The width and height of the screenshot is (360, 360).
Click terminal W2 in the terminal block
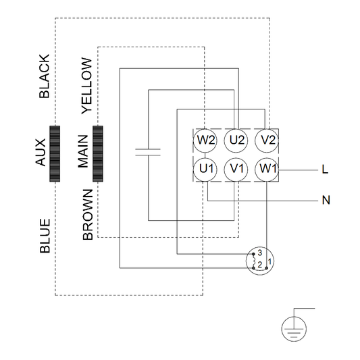206,141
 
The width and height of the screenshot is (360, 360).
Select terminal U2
237,141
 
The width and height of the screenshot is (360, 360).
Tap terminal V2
268,141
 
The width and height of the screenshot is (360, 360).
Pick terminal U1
206,169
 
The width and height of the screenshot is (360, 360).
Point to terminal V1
237,169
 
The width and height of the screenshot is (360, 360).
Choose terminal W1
268,169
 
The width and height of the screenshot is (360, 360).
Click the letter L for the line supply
325,170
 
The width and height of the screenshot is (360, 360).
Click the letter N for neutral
325,201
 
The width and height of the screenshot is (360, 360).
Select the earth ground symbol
294,328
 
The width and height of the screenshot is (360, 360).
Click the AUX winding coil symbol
55,153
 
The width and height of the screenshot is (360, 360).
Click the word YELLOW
86,85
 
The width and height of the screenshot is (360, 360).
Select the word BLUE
45,235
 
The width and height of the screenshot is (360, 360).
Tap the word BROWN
87,215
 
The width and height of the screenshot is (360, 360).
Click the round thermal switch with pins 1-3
260,261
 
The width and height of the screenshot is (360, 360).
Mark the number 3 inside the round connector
259,253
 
